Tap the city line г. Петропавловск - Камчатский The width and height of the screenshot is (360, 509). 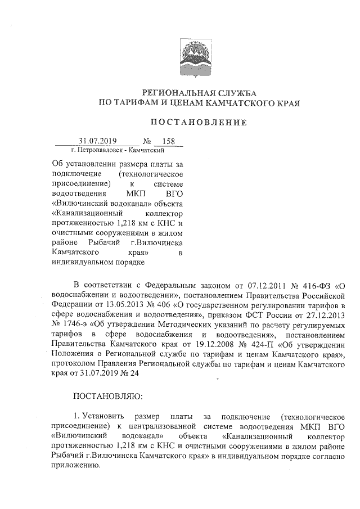tap(118, 150)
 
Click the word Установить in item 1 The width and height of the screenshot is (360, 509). tap(103, 416)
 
